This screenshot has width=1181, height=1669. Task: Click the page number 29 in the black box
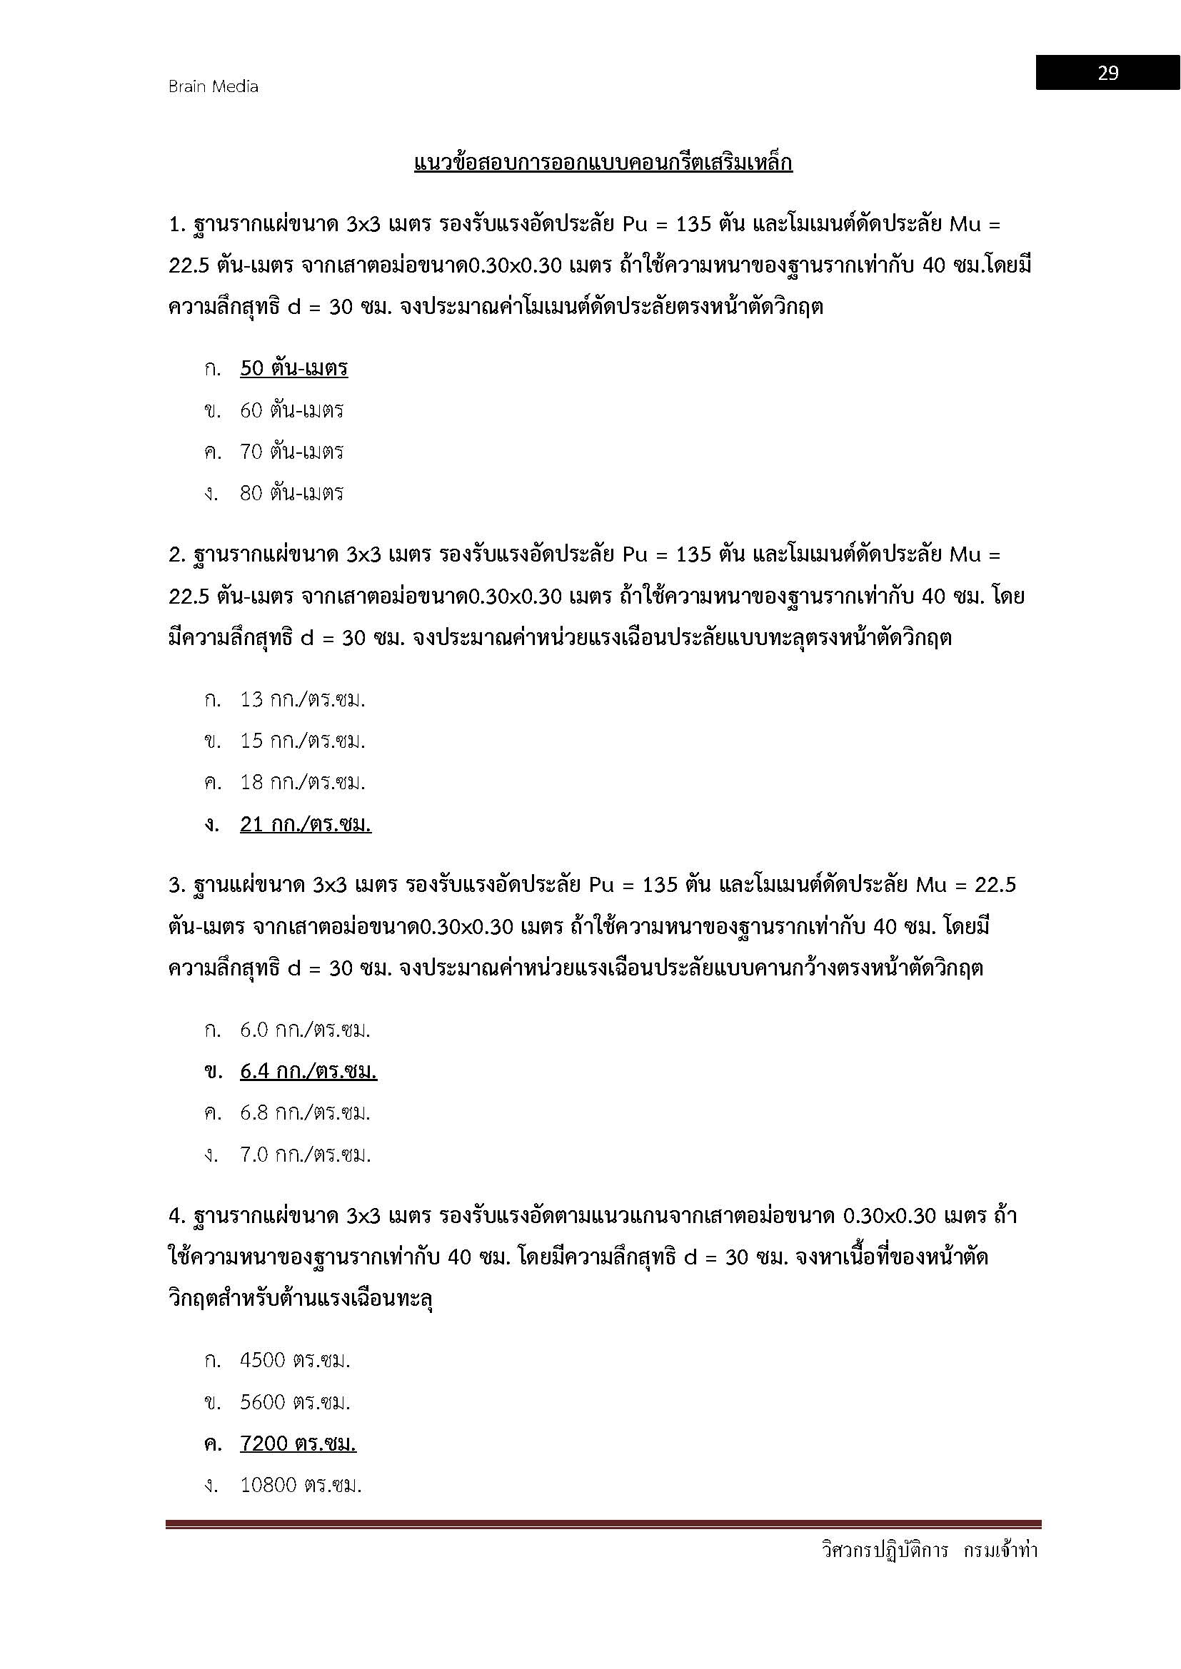coord(1107,73)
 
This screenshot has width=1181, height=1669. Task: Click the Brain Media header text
coord(213,86)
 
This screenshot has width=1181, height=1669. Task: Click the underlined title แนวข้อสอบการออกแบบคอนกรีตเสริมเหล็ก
coord(603,163)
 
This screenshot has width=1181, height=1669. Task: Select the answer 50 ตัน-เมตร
coord(293,368)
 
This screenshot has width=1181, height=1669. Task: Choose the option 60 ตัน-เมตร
coord(291,410)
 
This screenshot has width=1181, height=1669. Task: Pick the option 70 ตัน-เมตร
coord(291,452)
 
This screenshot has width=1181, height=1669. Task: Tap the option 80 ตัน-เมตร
coord(291,493)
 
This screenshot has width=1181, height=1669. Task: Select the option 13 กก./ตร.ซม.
coord(303,699)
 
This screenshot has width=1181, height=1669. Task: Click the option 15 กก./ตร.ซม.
coord(303,741)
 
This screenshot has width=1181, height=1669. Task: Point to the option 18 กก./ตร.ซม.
coord(303,782)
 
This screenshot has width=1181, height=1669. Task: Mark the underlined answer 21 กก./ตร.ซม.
coord(306,823)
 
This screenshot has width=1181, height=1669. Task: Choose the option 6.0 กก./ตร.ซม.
coord(306,1030)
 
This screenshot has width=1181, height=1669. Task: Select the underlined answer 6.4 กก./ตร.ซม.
coord(308,1071)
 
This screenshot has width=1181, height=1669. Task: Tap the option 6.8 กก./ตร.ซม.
coord(306,1112)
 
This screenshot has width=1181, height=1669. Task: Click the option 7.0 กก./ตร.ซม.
coord(306,1154)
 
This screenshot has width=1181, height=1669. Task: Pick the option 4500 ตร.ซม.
coord(296,1360)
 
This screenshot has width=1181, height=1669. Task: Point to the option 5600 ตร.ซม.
coord(296,1401)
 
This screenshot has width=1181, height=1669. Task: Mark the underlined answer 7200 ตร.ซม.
coord(298,1443)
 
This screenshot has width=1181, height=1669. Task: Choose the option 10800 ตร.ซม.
coord(301,1484)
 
